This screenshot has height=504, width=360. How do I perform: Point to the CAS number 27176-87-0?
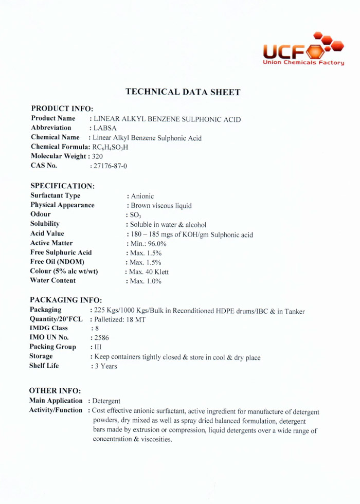pyautogui.click(x=111, y=166)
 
